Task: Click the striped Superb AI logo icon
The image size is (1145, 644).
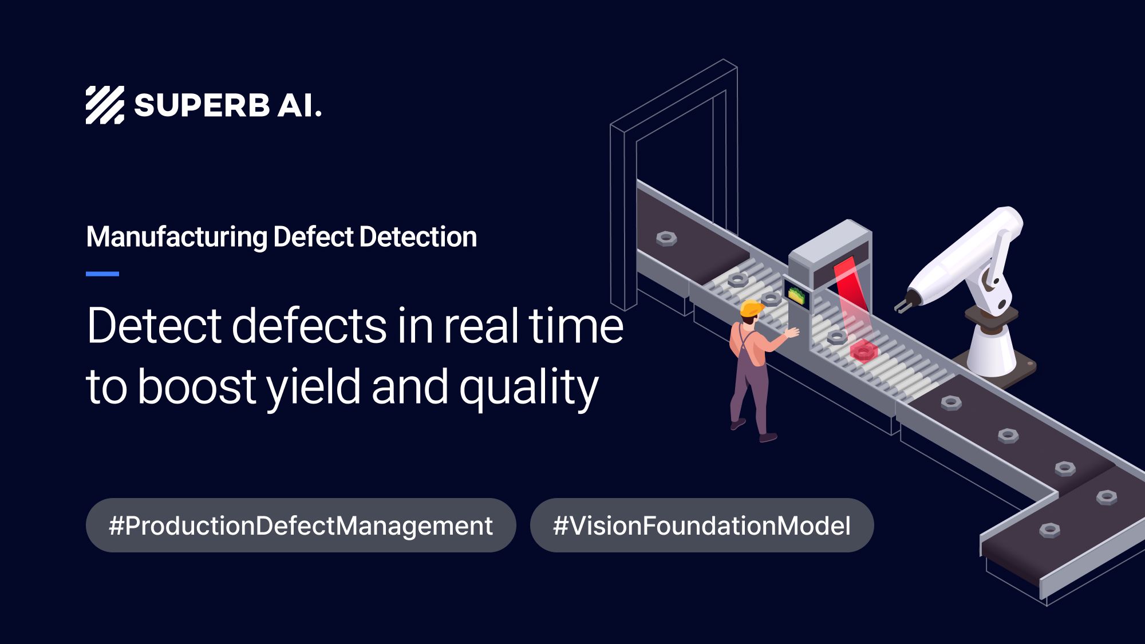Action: tap(105, 105)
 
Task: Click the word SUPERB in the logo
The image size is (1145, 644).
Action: tap(202, 106)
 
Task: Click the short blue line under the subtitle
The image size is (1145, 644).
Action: tap(102, 274)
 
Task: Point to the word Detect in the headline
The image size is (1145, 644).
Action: tap(153, 326)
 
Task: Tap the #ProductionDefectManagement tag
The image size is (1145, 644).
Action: tap(301, 526)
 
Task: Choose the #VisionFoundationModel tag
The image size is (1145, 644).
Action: tap(702, 526)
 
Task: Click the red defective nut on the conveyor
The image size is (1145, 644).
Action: tap(863, 350)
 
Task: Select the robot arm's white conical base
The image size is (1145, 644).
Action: tap(992, 352)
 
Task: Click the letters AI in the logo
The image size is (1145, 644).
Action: tap(299, 106)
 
